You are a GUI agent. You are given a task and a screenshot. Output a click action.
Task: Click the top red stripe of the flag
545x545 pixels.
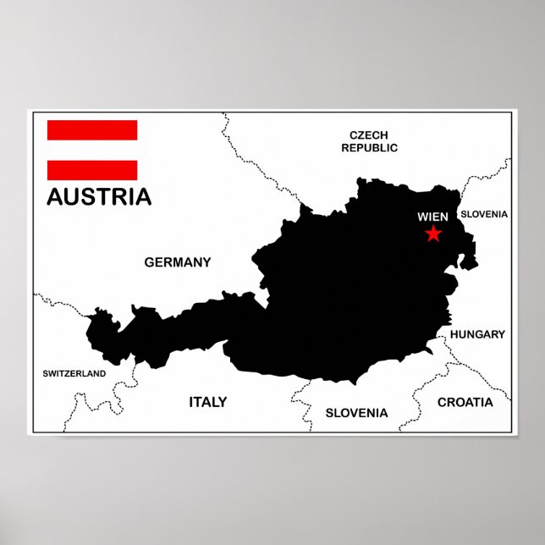(x=92, y=130)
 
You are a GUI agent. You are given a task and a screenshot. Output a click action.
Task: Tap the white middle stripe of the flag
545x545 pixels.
(x=92, y=150)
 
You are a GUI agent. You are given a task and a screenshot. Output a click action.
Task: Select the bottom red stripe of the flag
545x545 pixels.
(x=92, y=169)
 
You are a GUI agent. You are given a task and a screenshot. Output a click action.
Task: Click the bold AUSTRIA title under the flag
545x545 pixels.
(x=99, y=197)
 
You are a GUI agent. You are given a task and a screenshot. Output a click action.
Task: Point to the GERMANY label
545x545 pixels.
(x=178, y=262)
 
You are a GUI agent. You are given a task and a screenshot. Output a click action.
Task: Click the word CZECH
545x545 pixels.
(x=369, y=135)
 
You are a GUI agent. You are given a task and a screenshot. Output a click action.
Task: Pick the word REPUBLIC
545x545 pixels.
(x=369, y=147)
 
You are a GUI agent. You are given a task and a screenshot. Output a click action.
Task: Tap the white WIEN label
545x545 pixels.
(x=432, y=217)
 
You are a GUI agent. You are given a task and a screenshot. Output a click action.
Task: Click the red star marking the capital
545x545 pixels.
(x=433, y=234)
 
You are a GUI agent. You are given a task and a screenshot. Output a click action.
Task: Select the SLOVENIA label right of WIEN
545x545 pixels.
(x=484, y=214)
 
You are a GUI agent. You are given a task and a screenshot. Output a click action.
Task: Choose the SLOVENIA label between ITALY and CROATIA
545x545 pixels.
(x=356, y=413)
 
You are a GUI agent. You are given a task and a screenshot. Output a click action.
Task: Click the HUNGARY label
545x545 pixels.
(x=477, y=334)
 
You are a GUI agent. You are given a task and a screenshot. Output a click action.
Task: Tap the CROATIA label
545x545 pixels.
(x=465, y=402)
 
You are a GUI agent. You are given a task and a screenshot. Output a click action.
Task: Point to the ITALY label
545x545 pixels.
(x=207, y=402)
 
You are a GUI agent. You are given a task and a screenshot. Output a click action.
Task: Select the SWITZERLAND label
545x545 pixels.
(x=74, y=373)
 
